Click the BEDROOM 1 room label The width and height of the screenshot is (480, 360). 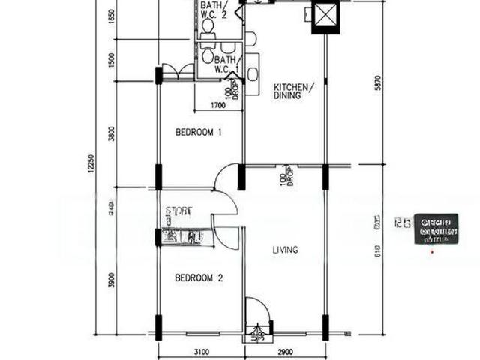[x=199, y=133]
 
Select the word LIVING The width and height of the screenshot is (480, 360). [x=286, y=250]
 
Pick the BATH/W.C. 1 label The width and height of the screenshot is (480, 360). [x=226, y=64]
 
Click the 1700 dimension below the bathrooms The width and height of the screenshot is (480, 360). [x=218, y=106]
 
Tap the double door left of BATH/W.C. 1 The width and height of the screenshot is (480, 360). [x=178, y=71]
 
